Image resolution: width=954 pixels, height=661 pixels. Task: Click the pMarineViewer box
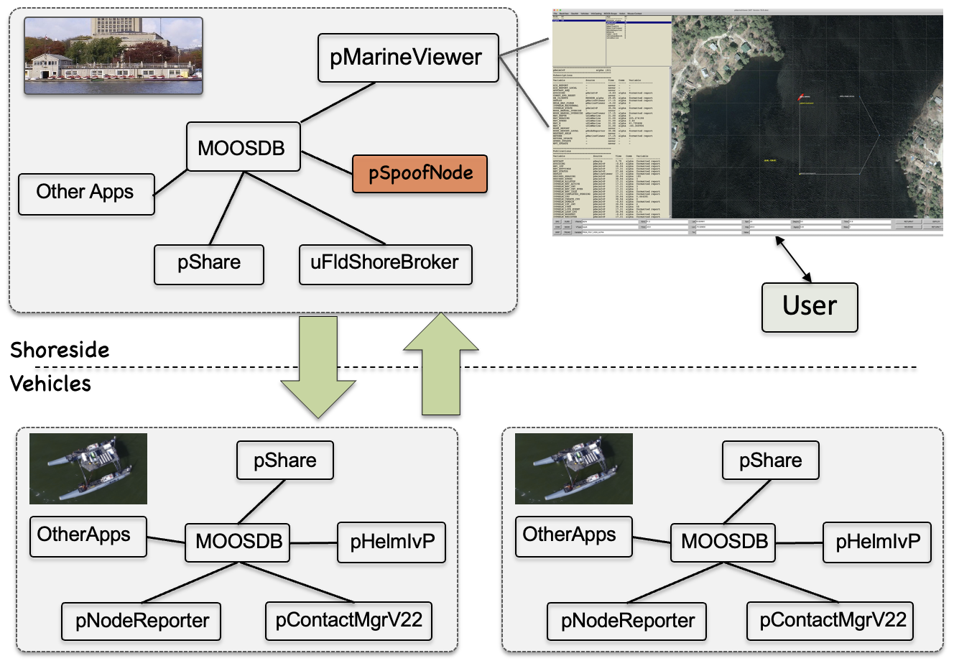(x=407, y=57)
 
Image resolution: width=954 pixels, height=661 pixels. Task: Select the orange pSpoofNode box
(x=420, y=174)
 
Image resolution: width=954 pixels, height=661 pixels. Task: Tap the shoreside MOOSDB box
(x=242, y=147)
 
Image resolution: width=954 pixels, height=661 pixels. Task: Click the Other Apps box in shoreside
(x=85, y=193)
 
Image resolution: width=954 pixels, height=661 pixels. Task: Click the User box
(x=810, y=307)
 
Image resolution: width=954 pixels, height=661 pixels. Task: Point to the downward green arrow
(x=318, y=366)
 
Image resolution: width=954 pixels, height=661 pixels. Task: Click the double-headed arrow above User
(x=793, y=260)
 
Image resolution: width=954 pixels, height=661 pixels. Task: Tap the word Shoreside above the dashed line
(x=60, y=351)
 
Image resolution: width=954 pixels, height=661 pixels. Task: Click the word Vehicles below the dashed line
(x=51, y=384)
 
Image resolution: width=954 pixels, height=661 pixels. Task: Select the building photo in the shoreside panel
(x=114, y=56)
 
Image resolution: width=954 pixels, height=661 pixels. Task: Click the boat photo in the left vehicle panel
(x=88, y=468)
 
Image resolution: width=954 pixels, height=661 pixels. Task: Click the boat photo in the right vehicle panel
(x=574, y=468)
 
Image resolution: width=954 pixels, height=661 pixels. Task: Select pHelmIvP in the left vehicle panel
(x=392, y=542)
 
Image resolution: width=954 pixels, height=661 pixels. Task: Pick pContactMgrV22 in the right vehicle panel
(x=833, y=620)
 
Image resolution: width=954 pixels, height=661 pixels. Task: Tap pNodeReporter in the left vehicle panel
(x=142, y=621)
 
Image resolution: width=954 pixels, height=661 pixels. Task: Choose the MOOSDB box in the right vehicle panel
(x=723, y=542)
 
